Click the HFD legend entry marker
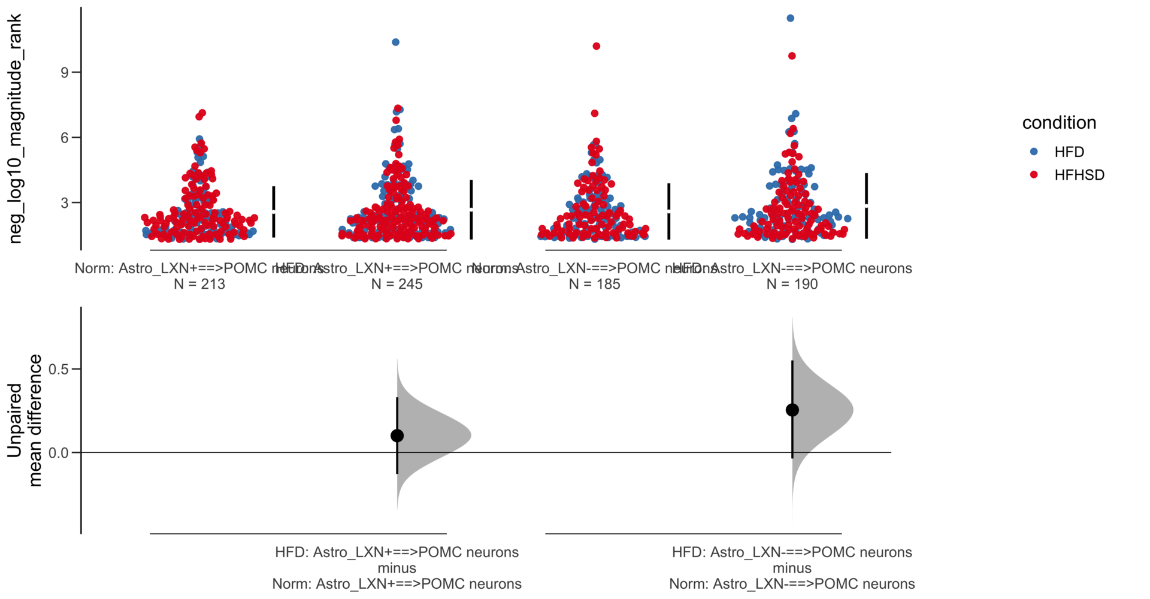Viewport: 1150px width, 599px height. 1034,152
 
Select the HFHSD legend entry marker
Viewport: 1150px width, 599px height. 1034,175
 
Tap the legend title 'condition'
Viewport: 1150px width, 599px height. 1058,123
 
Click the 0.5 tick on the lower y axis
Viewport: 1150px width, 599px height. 59,369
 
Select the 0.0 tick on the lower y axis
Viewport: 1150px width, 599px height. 59,453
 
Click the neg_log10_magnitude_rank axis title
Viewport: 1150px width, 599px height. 14,129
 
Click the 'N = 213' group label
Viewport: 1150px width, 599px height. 199,284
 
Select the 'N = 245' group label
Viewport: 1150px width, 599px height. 397,284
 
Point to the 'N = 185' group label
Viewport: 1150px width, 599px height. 595,284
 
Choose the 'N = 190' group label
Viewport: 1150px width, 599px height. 792,284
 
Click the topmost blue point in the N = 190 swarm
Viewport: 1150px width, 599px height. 791,19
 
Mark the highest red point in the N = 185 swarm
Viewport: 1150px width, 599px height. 597,46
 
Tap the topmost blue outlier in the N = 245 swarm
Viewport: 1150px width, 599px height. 396,42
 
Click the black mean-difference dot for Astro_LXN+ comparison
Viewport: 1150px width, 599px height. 397,435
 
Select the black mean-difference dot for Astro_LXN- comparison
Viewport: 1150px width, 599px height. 792,410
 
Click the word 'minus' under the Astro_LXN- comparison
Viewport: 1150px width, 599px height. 792,568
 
